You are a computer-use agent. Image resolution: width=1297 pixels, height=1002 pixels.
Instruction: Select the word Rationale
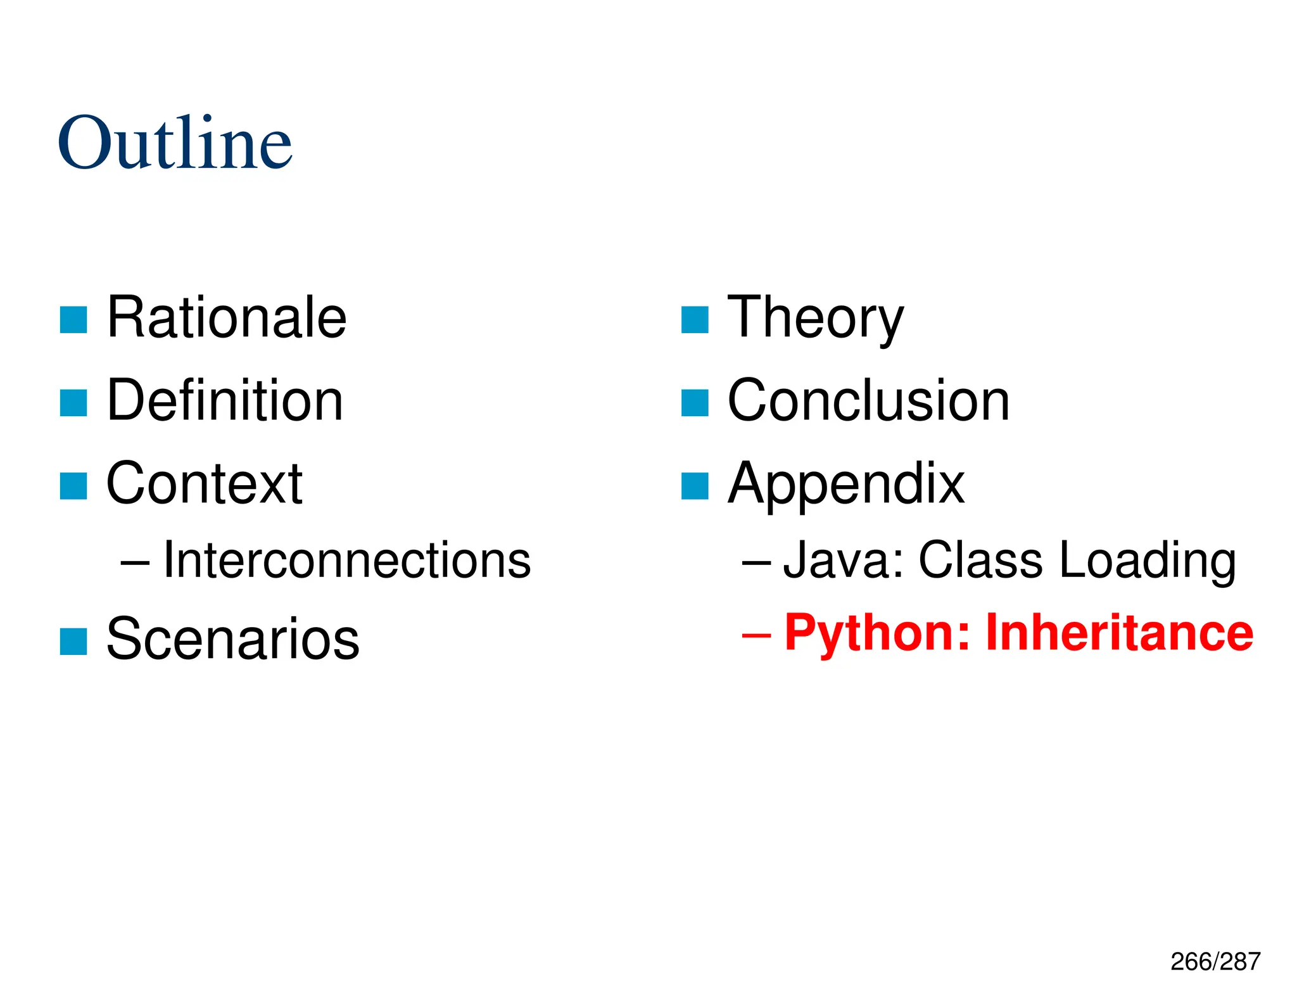tap(226, 317)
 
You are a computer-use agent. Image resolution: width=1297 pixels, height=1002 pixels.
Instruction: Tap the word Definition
tap(225, 400)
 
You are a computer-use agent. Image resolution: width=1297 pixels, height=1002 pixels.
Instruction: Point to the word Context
tap(204, 483)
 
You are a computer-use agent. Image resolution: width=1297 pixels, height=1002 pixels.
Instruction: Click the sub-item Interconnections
tap(346, 560)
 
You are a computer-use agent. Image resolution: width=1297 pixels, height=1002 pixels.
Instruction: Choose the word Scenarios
tap(232, 638)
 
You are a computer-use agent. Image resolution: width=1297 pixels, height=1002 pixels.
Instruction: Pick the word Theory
tap(815, 317)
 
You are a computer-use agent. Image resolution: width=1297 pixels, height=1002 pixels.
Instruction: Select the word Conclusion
tap(868, 400)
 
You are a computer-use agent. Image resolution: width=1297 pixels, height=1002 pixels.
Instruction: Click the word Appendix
tap(845, 483)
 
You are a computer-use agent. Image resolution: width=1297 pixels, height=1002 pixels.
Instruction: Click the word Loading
tap(1147, 560)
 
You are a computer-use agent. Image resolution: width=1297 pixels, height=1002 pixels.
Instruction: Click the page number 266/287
tap(1215, 961)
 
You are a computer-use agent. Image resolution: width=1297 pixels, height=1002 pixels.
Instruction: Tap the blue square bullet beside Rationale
tap(73, 320)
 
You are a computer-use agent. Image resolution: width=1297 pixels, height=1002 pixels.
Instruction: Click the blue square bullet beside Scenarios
tap(73, 641)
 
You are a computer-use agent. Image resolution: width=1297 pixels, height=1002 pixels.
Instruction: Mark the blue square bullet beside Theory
tap(695, 320)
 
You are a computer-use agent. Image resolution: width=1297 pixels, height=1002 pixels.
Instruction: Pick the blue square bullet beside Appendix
tap(695, 486)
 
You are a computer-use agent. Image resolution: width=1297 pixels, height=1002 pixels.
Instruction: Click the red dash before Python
tap(756, 634)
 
